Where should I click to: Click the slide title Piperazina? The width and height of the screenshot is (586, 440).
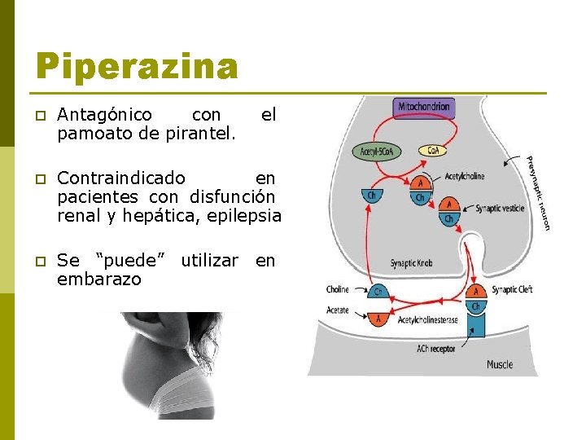(137, 67)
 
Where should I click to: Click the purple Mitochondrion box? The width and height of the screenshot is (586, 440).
(424, 107)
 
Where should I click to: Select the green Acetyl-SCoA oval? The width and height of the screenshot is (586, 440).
(375, 152)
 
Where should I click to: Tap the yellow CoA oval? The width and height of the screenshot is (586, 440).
(432, 151)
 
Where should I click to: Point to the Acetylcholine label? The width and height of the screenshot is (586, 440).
(465, 176)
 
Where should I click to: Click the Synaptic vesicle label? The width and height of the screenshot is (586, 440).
(500, 209)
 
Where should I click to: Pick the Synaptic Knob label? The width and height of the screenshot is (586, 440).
(410, 263)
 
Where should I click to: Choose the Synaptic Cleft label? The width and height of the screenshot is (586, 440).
(511, 289)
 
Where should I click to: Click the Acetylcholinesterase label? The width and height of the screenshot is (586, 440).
(427, 320)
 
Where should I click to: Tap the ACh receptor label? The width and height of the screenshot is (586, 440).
(436, 349)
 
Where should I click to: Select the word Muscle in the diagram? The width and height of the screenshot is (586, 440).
(500, 364)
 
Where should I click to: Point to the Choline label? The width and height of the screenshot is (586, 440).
(338, 289)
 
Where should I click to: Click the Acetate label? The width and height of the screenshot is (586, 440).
(338, 310)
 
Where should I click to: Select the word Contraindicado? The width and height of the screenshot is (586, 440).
(121, 178)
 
